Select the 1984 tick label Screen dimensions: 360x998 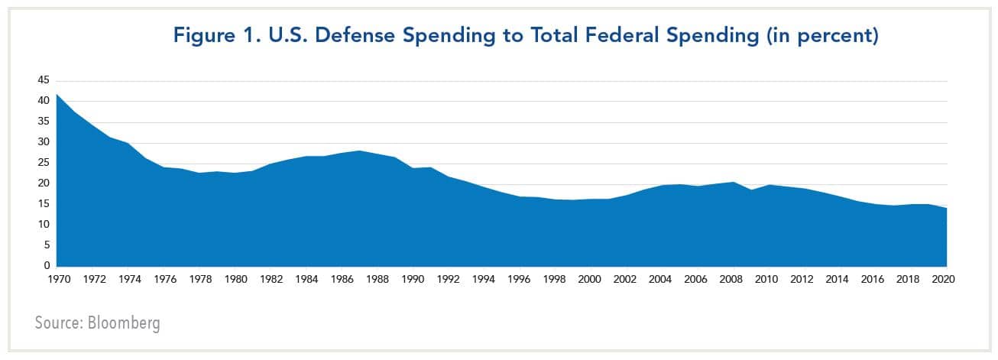[x=306, y=281]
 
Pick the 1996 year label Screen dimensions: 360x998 [x=519, y=281]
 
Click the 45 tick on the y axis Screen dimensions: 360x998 [x=43, y=80]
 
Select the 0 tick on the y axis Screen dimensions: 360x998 [x=46, y=266]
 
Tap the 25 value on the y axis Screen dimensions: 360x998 [x=43, y=163]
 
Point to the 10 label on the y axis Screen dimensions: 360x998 [x=43, y=225]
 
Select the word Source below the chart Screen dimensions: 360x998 [x=57, y=323]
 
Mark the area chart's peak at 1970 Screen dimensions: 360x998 [x=57, y=94]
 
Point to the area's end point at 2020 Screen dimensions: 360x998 [x=947, y=208]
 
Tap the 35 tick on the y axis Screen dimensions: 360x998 [x=43, y=122]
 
